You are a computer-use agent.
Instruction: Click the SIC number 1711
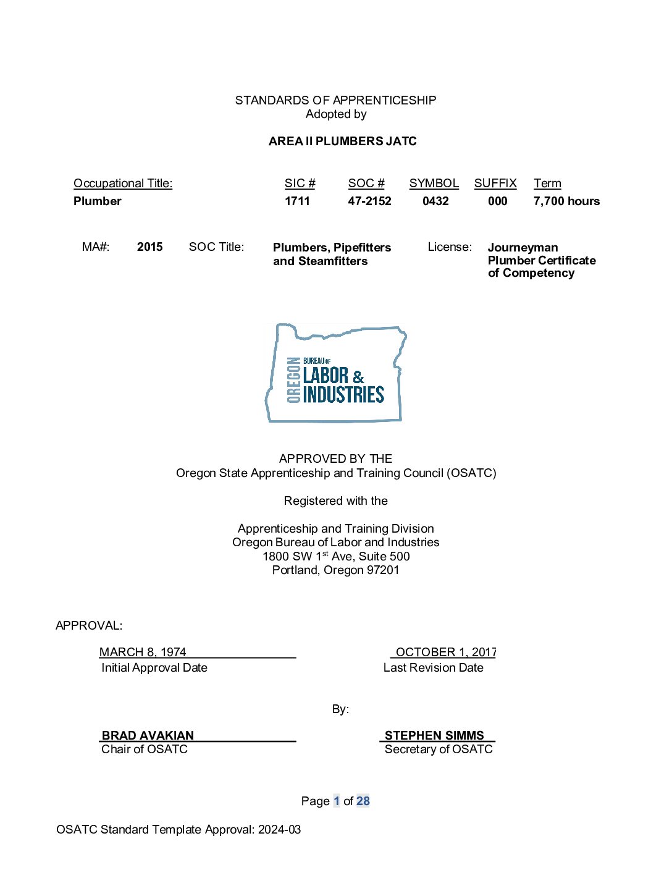[297, 201]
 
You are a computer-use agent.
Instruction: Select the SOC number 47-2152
[369, 201]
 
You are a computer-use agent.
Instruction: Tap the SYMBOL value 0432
[435, 201]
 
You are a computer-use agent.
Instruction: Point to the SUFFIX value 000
[497, 201]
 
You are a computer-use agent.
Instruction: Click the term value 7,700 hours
[566, 201]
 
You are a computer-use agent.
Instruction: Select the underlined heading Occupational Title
[123, 183]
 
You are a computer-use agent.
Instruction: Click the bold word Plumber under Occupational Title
[98, 201]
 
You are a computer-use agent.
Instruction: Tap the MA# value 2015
[149, 247]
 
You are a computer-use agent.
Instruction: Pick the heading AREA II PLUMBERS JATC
[342, 141]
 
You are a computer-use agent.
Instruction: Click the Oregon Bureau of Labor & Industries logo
[335, 373]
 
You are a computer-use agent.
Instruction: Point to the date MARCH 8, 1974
[143, 652]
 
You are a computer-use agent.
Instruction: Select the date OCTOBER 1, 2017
[445, 652]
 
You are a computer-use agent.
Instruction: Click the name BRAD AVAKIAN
[148, 735]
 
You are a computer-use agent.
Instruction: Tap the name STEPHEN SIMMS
[434, 735]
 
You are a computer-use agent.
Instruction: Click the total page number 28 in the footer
[363, 801]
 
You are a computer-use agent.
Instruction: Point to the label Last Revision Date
[433, 667]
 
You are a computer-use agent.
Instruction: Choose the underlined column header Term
[547, 183]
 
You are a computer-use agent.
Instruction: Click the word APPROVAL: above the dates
[89, 625]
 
